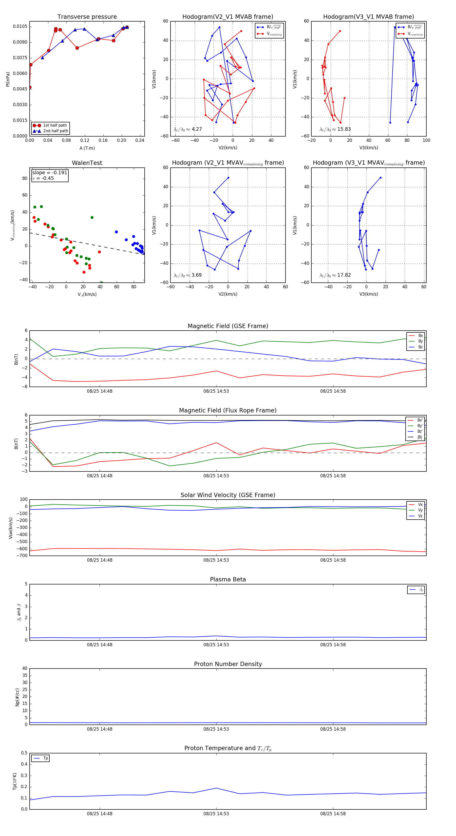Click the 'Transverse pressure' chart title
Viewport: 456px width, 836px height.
coord(87,17)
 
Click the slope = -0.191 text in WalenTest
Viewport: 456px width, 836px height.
coord(50,173)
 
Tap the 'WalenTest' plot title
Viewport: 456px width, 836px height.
coord(87,163)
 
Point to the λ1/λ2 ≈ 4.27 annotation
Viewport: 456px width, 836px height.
coord(188,129)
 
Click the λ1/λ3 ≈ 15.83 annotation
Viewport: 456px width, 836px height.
coord(335,129)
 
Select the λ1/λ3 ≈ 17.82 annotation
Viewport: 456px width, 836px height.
coord(335,275)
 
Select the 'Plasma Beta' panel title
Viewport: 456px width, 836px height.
coord(228,579)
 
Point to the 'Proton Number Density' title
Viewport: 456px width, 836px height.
coord(228,664)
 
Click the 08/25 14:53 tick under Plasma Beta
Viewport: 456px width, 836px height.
coord(216,644)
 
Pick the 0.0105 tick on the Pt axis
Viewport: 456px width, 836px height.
coord(20,26)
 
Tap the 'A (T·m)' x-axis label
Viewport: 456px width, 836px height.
coord(87,148)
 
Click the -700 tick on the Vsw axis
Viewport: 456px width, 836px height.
coord(22,556)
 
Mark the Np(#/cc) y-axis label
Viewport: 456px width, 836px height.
coord(17,697)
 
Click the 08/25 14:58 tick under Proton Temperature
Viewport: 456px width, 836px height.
coord(333,814)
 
